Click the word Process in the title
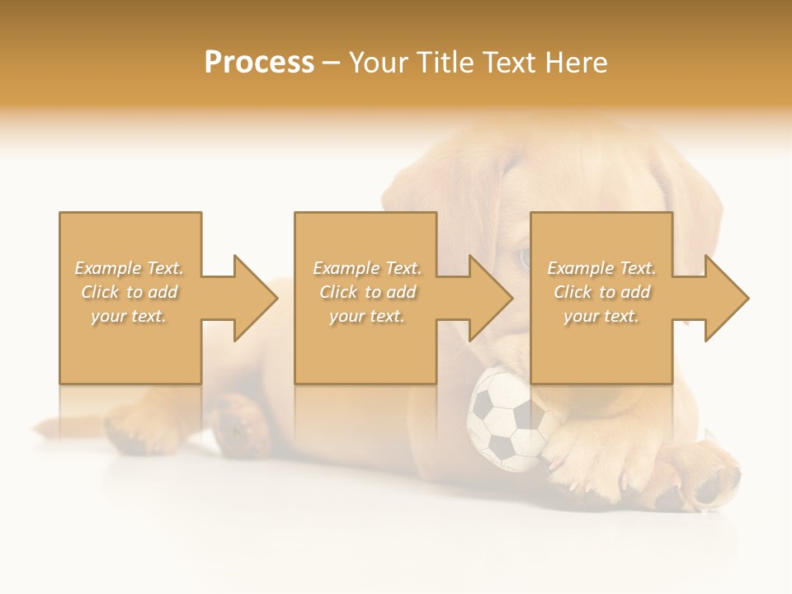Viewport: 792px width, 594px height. coord(259,63)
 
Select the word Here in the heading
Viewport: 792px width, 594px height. coord(576,63)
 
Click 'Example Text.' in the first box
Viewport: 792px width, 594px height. coord(130,268)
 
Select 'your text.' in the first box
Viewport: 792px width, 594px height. coord(130,316)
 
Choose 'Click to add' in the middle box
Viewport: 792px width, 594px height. coord(367,292)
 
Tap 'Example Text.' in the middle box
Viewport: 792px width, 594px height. coord(367,268)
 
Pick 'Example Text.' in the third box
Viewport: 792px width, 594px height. coord(601,268)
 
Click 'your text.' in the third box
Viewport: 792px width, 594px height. coord(601,316)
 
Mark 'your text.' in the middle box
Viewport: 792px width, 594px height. coord(367,316)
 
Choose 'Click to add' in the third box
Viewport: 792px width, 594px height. coord(601,292)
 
